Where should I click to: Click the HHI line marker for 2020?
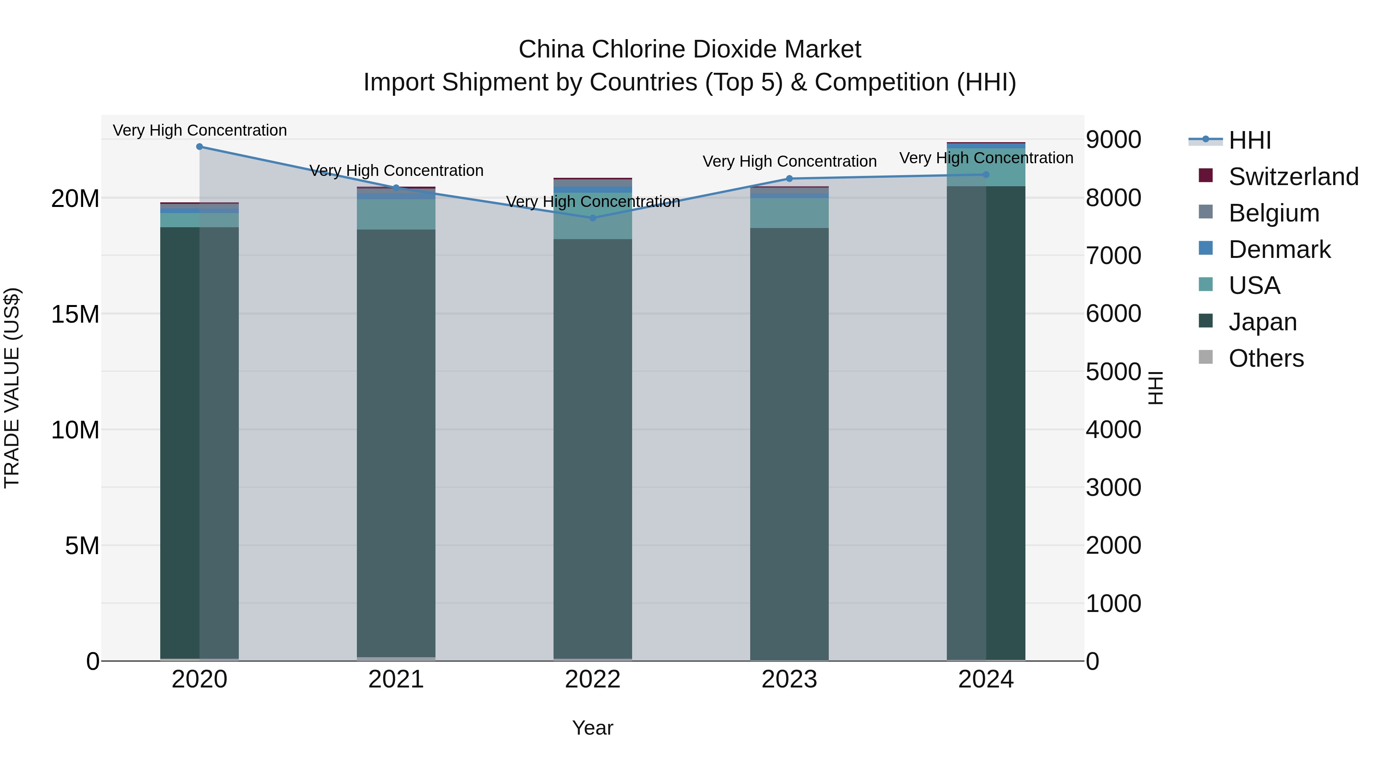pyautogui.click(x=199, y=146)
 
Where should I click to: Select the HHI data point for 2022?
pyautogui.click(x=593, y=218)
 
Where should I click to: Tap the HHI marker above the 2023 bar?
pyautogui.click(x=789, y=178)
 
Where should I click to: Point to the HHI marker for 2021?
pyautogui.click(x=396, y=187)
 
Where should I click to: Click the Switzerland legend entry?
pyautogui.click(x=1293, y=177)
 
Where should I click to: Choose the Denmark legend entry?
pyautogui.click(x=1279, y=249)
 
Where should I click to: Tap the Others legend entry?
pyautogui.click(x=1266, y=358)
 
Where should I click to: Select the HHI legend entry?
pyautogui.click(x=1249, y=140)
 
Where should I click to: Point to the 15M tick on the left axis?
pyautogui.click(x=75, y=314)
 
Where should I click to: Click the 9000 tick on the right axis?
pyautogui.click(x=1113, y=140)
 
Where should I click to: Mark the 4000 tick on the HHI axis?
pyautogui.click(x=1113, y=430)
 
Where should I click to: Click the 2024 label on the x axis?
pyautogui.click(x=986, y=679)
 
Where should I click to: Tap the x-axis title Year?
pyautogui.click(x=593, y=728)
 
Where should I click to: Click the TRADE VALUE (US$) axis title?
pyautogui.click(x=12, y=388)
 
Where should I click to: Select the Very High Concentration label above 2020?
pyautogui.click(x=200, y=130)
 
